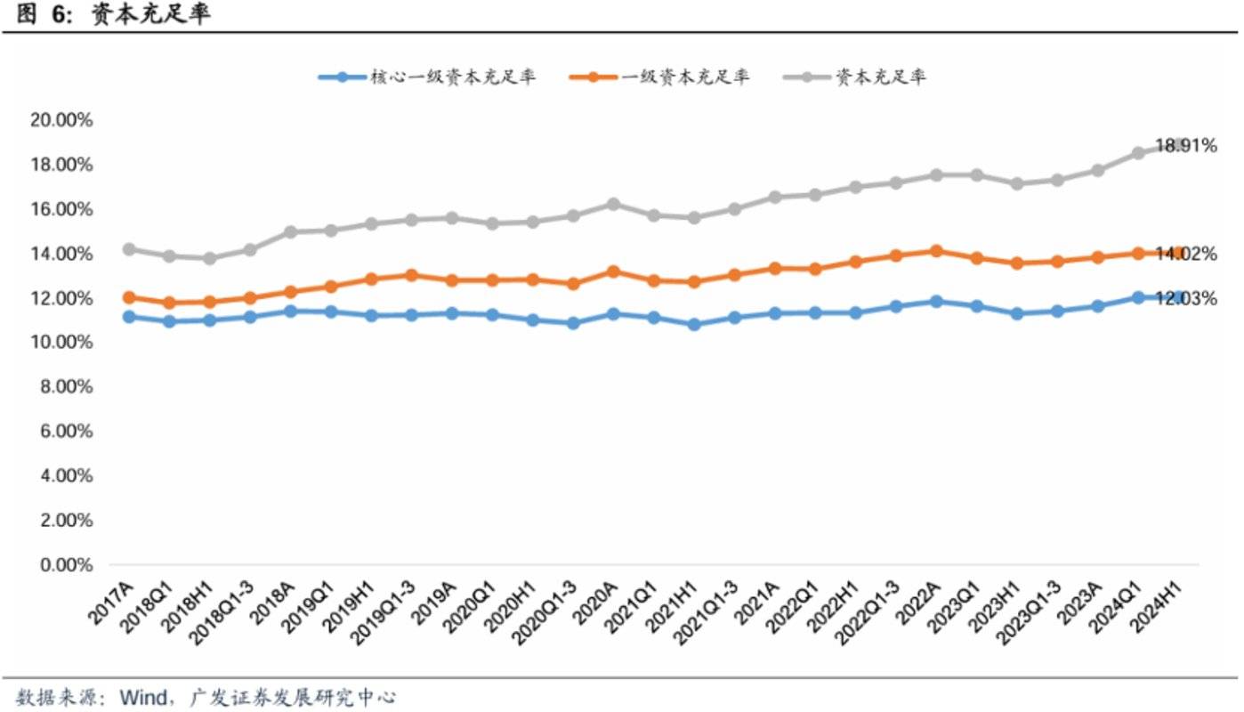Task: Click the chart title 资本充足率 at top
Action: pos(151,15)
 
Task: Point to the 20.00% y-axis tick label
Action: pos(61,120)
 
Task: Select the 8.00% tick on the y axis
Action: pos(65,387)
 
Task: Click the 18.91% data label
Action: pos(1185,146)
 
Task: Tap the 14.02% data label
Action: pos(1185,255)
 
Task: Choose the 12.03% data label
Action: pos(1185,299)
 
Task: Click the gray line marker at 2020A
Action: pos(613,205)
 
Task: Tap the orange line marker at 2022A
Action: pos(936,251)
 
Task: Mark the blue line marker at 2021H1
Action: pos(694,325)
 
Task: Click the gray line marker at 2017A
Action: pos(129,249)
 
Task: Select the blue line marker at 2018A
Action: pos(290,311)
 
